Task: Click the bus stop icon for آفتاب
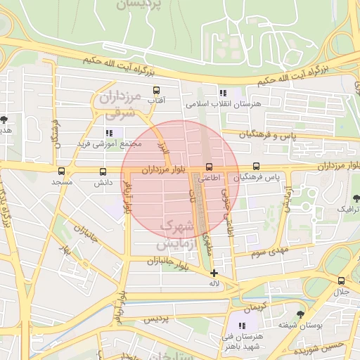[x=156, y=90]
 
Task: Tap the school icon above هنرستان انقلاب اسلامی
[x=222, y=93]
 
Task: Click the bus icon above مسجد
[x=61, y=171]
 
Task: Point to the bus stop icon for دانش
[x=103, y=172]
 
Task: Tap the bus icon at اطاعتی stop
[x=209, y=167]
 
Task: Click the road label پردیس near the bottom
[x=157, y=320]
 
